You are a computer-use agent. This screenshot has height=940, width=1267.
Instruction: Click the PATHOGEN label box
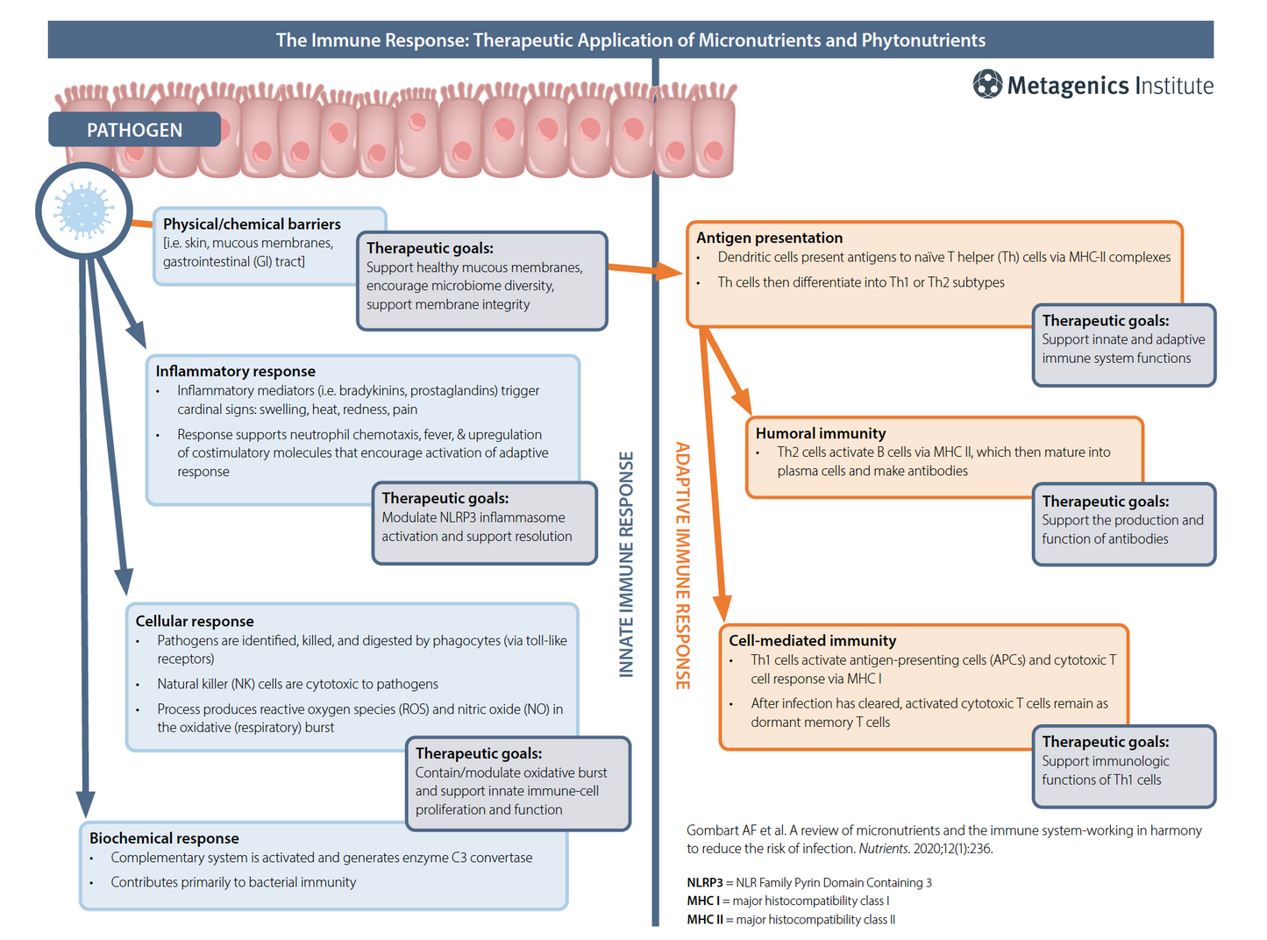coord(134,130)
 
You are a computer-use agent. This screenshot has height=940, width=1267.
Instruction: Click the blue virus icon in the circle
coord(84,210)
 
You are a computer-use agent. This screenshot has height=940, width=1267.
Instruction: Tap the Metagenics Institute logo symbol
coord(987,85)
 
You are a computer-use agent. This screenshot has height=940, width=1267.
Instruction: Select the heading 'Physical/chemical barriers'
coord(252,224)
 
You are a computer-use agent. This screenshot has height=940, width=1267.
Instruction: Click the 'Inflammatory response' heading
coord(235,372)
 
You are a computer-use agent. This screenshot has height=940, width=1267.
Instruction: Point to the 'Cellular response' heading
coord(195,622)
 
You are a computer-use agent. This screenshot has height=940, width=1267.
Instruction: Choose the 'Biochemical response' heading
coord(164,838)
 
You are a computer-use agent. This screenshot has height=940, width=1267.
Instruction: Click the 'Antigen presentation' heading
coord(769,238)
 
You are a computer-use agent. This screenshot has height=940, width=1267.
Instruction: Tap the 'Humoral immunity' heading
coord(821,433)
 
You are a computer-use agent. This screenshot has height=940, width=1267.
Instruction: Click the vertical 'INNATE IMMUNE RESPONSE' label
coord(626,564)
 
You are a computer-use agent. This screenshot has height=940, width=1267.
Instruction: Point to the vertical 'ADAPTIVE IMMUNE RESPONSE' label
coord(683,566)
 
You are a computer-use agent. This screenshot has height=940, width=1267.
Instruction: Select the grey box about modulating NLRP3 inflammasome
coord(485,523)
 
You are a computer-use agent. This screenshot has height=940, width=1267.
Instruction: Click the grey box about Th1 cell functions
coord(1124,766)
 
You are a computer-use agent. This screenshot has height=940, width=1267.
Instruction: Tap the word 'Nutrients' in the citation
coord(883,849)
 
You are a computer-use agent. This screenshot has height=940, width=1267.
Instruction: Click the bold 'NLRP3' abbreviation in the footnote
coord(705,883)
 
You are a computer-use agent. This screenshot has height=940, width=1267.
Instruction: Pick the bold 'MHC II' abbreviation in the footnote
coord(705,920)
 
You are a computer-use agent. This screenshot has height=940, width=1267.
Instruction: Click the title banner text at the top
coord(630,40)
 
